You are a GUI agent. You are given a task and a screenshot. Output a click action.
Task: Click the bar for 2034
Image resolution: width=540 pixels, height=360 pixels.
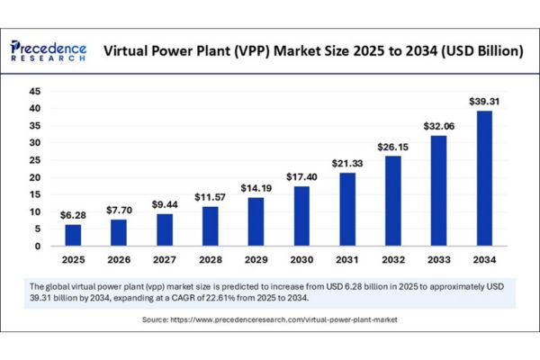(x=483, y=178)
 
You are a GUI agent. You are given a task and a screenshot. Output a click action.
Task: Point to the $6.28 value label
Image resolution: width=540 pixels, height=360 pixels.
(x=72, y=215)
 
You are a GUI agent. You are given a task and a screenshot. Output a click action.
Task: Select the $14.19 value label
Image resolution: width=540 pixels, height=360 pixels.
(x=255, y=188)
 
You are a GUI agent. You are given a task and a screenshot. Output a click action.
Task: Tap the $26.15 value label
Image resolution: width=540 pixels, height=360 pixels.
(x=392, y=147)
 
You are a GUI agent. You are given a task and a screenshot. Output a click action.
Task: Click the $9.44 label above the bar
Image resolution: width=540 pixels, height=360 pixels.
(x=163, y=204)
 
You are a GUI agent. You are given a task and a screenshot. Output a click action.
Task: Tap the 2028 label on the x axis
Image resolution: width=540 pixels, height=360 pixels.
(x=209, y=260)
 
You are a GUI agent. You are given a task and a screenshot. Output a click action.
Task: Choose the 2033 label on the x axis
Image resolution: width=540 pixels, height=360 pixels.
(x=437, y=260)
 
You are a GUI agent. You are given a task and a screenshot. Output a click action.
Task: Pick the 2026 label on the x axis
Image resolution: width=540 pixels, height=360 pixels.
(x=118, y=260)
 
